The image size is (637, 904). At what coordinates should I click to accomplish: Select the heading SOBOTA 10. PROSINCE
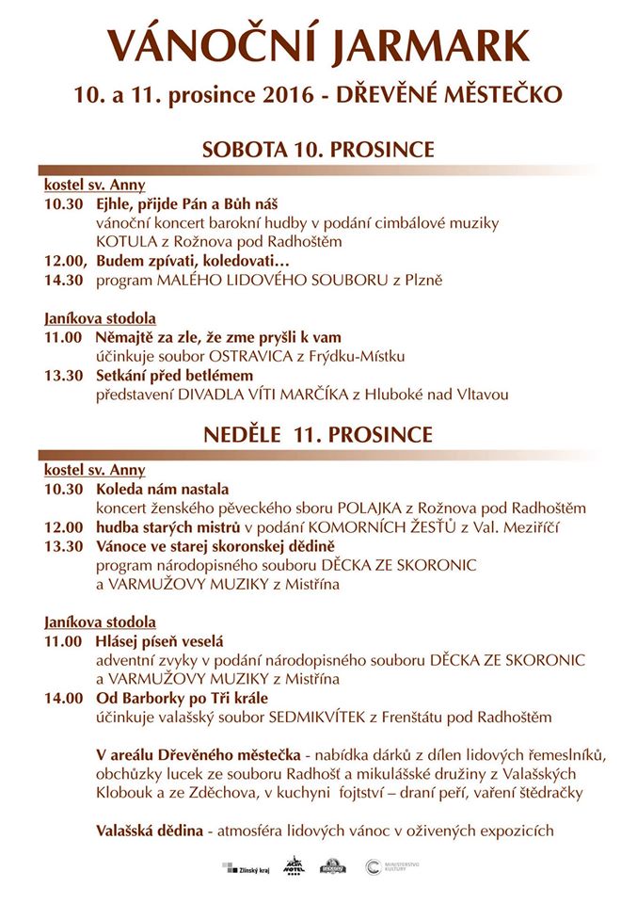(x=318, y=150)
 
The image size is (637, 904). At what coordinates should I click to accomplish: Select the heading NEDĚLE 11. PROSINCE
(x=318, y=434)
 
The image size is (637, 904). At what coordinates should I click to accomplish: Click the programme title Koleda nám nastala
(x=162, y=490)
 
